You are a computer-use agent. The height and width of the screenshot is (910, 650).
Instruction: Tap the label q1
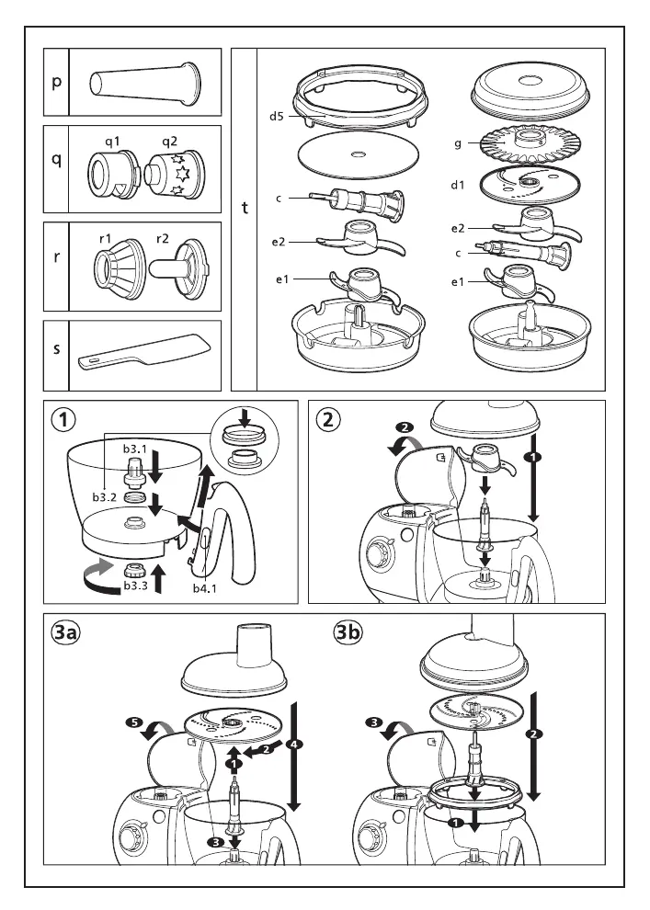pyautogui.click(x=113, y=141)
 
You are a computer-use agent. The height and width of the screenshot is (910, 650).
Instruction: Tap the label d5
pyautogui.click(x=277, y=116)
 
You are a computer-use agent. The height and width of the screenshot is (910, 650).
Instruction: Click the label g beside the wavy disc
pyautogui.click(x=457, y=143)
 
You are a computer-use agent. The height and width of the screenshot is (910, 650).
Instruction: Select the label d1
pyautogui.click(x=458, y=185)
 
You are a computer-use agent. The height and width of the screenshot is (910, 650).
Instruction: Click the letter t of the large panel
pyautogui.click(x=245, y=209)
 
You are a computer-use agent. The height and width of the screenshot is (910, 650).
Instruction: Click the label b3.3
pyautogui.click(x=135, y=586)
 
